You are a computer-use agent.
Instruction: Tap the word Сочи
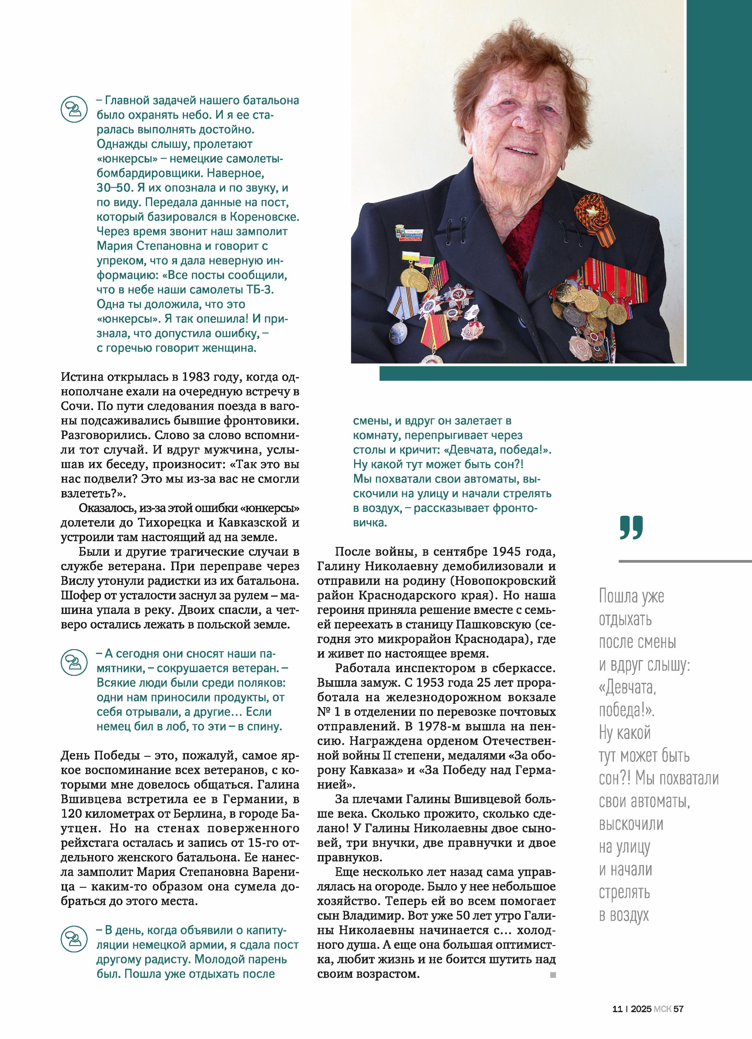click(x=75, y=406)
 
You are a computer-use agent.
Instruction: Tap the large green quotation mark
click(x=631, y=527)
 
